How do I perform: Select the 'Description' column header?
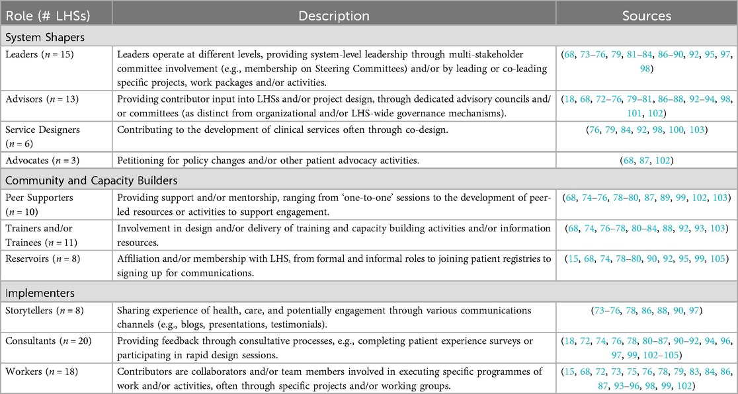pos(334,15)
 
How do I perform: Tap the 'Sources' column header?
pos(647,15)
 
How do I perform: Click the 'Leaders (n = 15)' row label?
pos(40,54)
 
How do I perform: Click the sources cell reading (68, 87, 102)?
pos(647,161)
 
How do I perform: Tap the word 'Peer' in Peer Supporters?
pos(16,197)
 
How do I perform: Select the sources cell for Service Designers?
pos(647,130)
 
